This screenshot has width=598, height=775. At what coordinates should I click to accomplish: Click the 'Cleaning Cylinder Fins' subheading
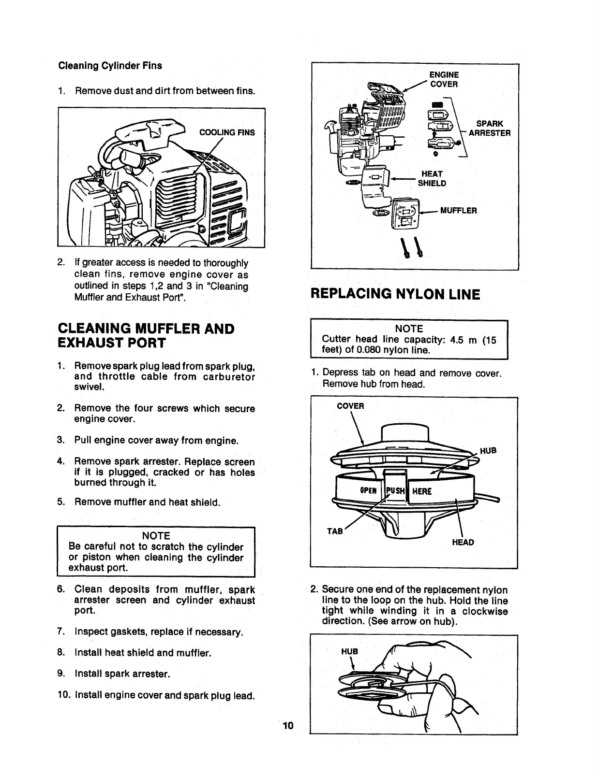coord(110,66)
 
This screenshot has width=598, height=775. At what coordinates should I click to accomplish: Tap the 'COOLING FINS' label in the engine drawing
coord(227,132)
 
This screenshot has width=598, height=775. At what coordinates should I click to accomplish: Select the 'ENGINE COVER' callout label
coord(444,79)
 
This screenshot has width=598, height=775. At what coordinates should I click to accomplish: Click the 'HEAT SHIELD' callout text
coord(432,178)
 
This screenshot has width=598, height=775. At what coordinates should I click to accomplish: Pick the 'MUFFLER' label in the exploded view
coord(458,211)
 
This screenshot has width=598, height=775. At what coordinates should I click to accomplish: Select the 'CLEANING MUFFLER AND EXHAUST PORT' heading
coord(146,336)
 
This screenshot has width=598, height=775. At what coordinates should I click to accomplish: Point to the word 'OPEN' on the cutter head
coord(368,491)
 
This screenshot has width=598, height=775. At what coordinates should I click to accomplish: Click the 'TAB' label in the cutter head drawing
coord(335,531)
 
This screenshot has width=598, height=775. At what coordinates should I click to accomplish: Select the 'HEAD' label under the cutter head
coord(463,542)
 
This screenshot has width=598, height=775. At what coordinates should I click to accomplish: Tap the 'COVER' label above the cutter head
coord(350,406)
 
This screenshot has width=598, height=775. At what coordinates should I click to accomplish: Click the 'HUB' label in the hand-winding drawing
coord(349,651)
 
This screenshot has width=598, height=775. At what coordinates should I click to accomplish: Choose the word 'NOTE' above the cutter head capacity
coord(409,329)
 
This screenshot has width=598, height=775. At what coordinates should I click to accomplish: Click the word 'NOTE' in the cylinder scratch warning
coord(156,536)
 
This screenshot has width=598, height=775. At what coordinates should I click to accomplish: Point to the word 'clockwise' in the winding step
coord(485,611)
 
